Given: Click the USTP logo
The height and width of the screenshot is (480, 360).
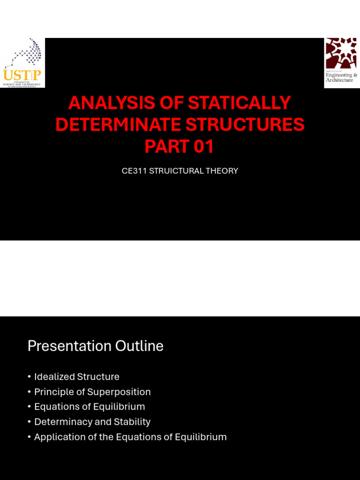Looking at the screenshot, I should (x=22, y=63).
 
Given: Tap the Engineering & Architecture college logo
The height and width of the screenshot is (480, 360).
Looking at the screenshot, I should (x=341, y=61).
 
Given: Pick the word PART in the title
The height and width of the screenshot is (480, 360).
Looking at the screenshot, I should (x=165, y=147).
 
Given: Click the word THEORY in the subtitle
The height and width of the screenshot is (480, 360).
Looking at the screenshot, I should (x=223, y=171).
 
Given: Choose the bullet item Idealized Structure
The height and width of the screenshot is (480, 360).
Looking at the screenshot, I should (x=76, y=377).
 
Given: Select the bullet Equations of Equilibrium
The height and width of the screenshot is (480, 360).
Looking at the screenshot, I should (x=90, y=407).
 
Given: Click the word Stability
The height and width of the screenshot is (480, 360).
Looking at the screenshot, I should (x=132, y=422).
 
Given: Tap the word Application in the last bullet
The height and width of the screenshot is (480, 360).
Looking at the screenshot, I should (x=60, y=437).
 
